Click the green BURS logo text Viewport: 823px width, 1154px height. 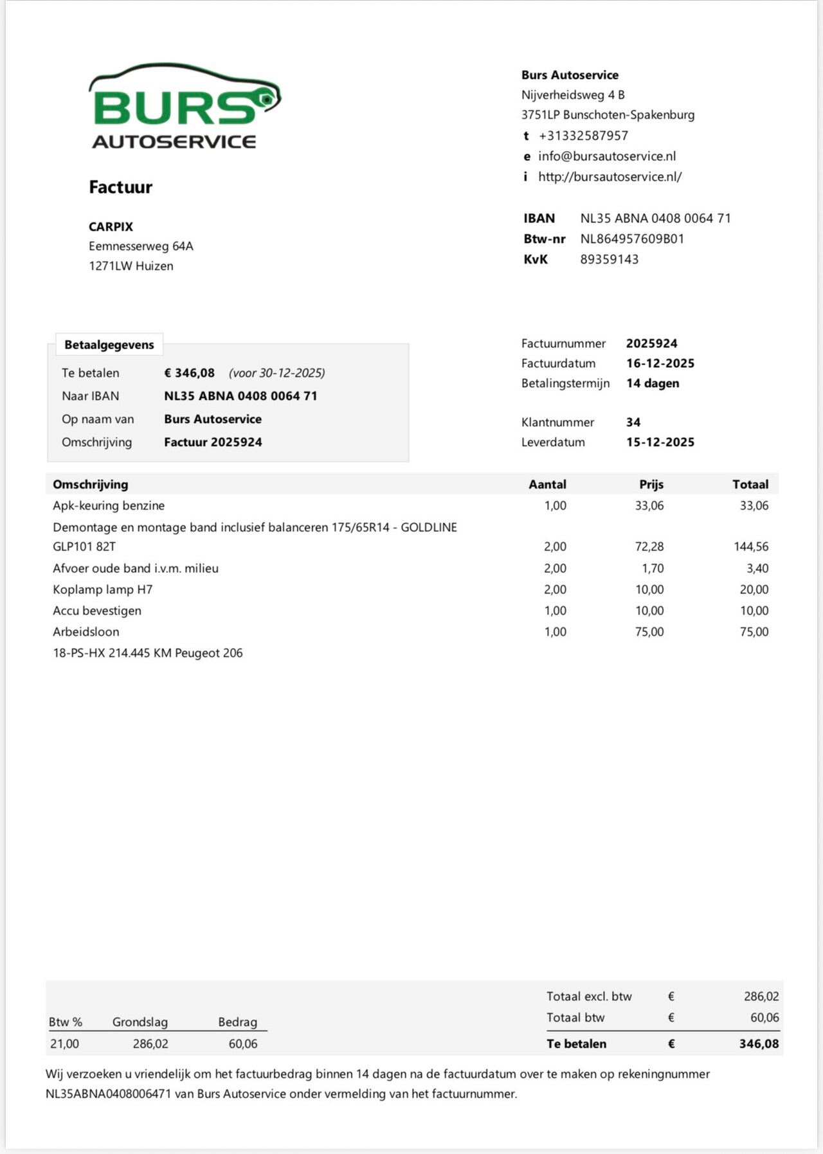click(174, 107)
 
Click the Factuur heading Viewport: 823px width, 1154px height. click(120, 187)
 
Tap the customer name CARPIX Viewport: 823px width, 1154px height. click(111, 226)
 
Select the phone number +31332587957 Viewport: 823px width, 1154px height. click(583, 136)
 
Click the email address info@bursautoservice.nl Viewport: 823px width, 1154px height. click(606, 156)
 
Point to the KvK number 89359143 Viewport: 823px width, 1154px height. click(609, 259)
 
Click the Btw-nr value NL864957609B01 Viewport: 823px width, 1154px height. click(632, 239)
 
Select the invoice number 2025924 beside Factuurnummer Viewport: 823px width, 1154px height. click(651, 343)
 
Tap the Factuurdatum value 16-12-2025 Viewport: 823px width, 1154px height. click(660, 363)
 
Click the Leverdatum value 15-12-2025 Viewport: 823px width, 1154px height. click(660, 442)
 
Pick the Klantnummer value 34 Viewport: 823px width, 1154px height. click(633, 422)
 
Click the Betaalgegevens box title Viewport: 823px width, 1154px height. click(109, 345)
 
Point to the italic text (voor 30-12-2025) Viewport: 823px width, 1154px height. click(276, 373)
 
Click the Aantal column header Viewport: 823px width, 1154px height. click(547, 484)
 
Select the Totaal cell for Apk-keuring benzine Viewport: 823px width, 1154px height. click(754, 505)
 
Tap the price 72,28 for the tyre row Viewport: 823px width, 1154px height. click(649, 546)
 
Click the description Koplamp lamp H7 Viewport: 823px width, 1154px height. click(102, 589)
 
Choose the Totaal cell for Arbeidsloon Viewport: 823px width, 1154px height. click(754, 631)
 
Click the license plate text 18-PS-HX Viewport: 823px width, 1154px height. click(79, 653)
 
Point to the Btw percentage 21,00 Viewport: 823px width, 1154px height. click(64, 1043)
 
